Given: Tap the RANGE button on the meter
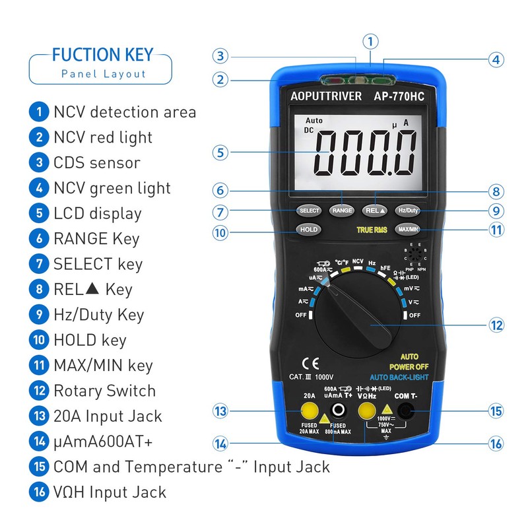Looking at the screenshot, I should pyautogui.click(x=342, y=211).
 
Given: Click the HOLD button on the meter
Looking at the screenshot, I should pyautogui.click(x=308, y=230).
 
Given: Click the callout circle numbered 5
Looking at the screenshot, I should pyautogui.click(x=220, y=152).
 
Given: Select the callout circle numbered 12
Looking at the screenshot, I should pyautogui.click(x=496, y=325).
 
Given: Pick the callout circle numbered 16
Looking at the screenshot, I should pyautogui.click(x=496, y=444).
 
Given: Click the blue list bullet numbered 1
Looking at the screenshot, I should pyautogui.click(x=39, y=112).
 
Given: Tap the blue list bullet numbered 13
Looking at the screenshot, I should pyautogui.click(x=39, y=416).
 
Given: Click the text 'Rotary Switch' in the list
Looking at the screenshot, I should pyautogui.click(x=104, y=391).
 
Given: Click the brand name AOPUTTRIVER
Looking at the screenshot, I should pyautogui.click(x=326, y=96).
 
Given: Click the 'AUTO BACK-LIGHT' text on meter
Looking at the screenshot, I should pyautogui.click(x=399, y=377).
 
